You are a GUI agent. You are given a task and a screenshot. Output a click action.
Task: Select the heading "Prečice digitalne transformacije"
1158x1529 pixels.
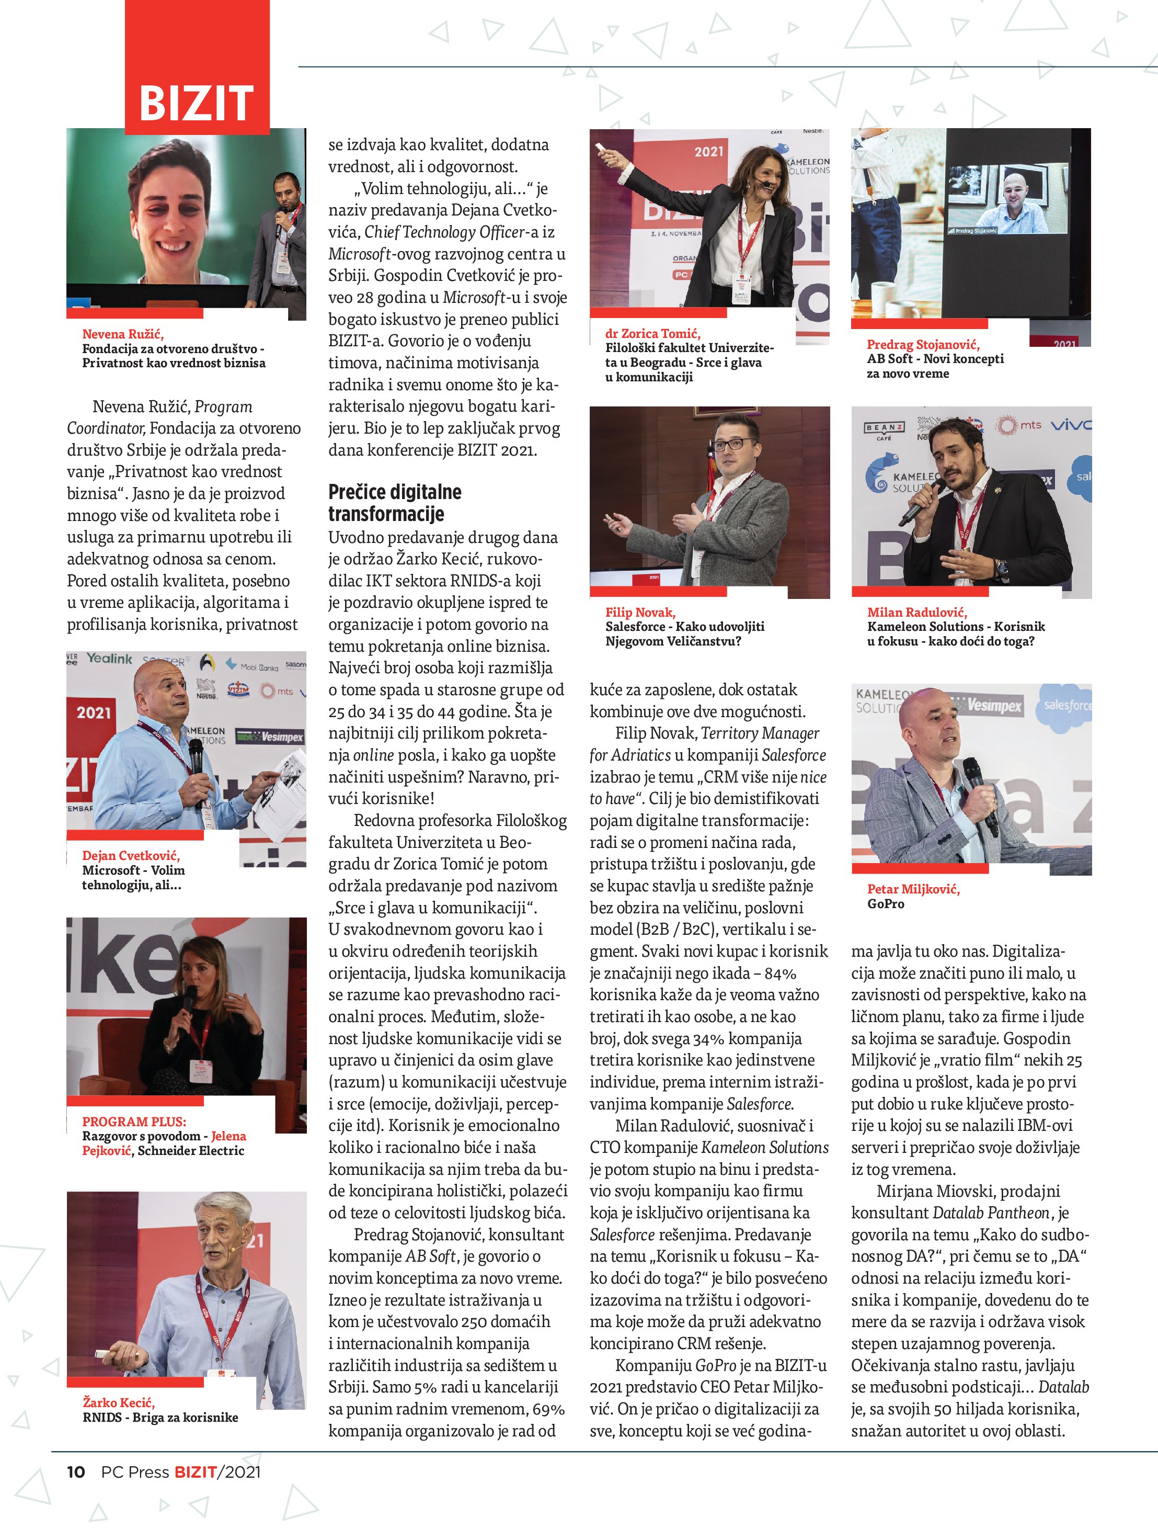point(395,503)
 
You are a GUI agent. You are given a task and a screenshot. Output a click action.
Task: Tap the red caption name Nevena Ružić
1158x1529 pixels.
point(123,334)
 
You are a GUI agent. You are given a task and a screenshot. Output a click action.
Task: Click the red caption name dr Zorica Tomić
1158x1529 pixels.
point(653,333)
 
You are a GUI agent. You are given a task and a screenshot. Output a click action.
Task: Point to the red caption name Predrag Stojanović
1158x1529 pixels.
point(923,344)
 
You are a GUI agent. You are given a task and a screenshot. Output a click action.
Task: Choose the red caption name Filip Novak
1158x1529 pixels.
point(640,611)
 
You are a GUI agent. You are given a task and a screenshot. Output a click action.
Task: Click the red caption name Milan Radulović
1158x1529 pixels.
point(917,611)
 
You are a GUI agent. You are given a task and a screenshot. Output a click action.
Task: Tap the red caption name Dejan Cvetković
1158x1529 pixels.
point(131,855)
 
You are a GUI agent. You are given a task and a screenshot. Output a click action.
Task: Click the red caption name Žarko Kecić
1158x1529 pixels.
point(119,1402)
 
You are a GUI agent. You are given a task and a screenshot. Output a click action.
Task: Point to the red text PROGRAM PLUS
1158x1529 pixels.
point(134,1121)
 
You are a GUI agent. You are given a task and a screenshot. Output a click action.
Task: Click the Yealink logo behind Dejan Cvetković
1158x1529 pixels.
point(108,658)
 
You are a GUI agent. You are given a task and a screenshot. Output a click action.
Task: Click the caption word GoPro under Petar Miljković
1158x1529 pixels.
point(885,903)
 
